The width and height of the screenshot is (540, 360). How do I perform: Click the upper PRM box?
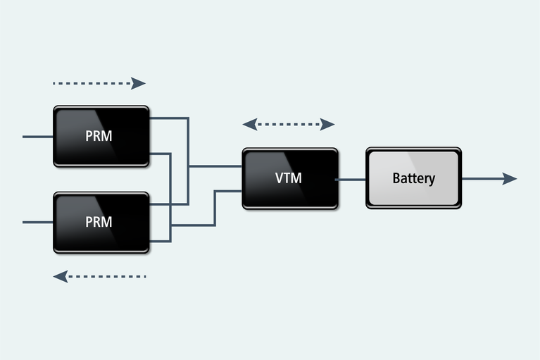coord(101,136)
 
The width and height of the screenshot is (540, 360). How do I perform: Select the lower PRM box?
coord(101,222)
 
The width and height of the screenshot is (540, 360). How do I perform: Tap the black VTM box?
coord(289,178)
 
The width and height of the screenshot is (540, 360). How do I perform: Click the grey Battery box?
coord(413,178)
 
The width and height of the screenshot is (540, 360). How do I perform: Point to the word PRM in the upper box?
coord(99,136)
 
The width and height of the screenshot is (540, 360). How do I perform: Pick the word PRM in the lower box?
coord(99,222)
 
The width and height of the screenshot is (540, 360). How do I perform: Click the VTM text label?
coord(288,178)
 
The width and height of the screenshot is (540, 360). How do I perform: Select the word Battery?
coord(413,178)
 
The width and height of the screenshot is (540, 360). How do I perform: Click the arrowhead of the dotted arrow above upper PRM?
coord(139,83)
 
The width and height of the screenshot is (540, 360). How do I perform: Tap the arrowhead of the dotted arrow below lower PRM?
coord(61,276)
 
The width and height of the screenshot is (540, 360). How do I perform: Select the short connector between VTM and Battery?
coord(351,179)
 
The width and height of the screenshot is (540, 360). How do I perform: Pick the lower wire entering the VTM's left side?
coord(228,190)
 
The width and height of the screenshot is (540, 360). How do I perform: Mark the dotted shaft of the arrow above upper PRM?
coord(92,83)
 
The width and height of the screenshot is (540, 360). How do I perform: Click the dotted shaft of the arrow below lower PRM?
coord(106,276)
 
